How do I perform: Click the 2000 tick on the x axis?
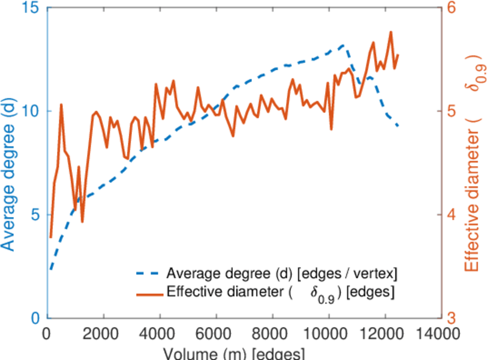point(104,333)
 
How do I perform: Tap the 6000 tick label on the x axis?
point(216,333)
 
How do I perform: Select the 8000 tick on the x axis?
point(272,333)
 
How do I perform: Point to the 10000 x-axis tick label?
point(328,333)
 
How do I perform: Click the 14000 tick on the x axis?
point(440,333)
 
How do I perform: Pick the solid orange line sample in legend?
point(148,293)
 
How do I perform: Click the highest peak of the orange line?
point(391,32)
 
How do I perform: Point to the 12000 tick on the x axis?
point(384,333)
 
